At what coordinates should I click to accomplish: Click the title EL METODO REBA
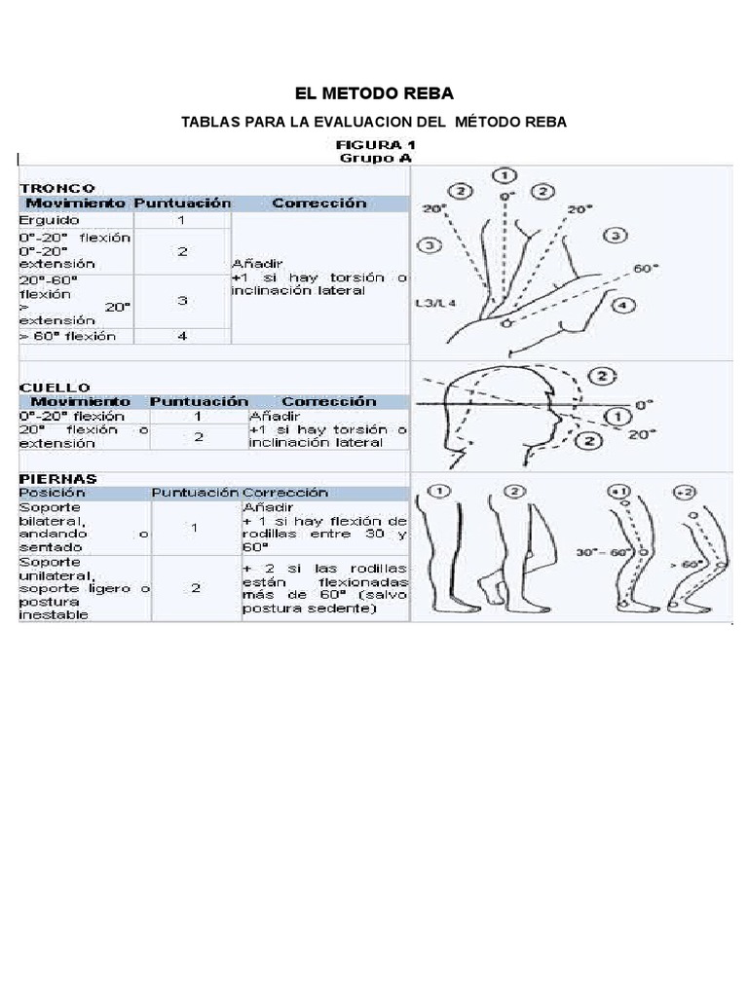click(x=374, y=93)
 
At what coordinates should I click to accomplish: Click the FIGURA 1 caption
click(x=374, y=143)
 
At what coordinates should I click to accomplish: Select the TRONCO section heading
click(x=56, y=187)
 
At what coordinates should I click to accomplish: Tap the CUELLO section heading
click(x=55, y=387)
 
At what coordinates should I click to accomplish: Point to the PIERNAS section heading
click(x=58, y=478)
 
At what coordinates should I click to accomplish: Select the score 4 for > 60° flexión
click(x=181, y=337)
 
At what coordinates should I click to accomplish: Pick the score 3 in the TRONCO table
click(x=181, y=300)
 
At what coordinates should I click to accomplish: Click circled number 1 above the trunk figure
click(x=505, y=176)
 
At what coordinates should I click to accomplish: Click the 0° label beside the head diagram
click(x=641, y=403)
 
